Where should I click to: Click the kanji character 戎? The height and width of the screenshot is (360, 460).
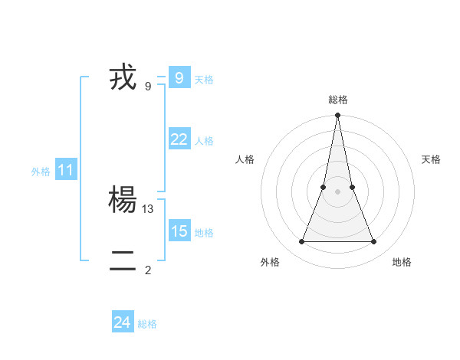123,77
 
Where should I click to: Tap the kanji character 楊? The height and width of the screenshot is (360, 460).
123,200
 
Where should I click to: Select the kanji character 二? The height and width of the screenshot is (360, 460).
123,261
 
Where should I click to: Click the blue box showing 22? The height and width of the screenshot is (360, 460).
179,139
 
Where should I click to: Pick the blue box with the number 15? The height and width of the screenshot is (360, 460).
179,231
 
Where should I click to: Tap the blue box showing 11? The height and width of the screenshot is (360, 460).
65,170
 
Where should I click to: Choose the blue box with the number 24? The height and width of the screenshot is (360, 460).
123,322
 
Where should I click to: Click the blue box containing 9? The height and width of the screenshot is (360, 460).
179,77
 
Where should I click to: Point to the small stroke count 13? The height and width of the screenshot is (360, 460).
149,208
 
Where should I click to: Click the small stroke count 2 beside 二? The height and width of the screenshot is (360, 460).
148,270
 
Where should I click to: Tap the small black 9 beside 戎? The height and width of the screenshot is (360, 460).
148,86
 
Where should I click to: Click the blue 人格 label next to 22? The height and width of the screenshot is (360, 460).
204,141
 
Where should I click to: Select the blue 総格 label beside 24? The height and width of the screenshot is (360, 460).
147,325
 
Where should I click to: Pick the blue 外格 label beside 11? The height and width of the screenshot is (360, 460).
41,172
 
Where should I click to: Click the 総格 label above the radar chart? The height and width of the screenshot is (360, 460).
338,100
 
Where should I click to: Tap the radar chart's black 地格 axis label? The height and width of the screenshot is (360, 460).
402,262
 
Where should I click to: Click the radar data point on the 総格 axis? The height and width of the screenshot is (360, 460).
338,116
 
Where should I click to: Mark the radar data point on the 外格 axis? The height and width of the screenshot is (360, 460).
302,242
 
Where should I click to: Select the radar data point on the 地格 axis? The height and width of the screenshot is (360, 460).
374,242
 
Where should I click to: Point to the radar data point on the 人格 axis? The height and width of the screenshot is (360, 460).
324,187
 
